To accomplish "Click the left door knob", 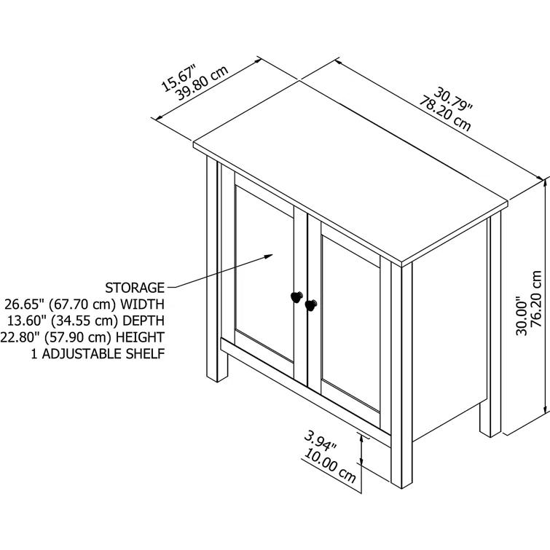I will click(x=295, y=296).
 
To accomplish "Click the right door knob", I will click(x=311, y=305).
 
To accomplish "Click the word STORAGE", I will click(x=135, y=287).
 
